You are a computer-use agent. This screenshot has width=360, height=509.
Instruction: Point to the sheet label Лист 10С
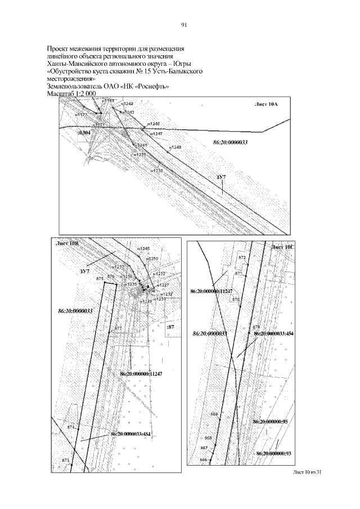[x=282, y=247]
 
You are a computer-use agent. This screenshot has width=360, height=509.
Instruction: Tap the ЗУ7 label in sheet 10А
[x=221, y=177]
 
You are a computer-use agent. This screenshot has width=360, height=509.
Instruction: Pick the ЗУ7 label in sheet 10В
[x=84, y=272]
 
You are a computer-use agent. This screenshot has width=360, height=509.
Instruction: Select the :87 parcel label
[x=172, y=327]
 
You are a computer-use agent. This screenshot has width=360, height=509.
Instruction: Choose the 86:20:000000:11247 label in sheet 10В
[x=141, y=374]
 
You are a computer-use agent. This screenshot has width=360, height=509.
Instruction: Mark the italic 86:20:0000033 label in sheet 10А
[x=231, y=143]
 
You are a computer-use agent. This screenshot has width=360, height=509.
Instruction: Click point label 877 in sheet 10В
[x=118, y=327]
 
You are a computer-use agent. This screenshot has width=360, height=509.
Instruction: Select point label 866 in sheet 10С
[x=204, y=460]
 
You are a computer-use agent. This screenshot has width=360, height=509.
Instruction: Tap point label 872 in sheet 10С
[x=242, y=257]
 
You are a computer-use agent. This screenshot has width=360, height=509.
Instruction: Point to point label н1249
[x=144, y=249]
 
